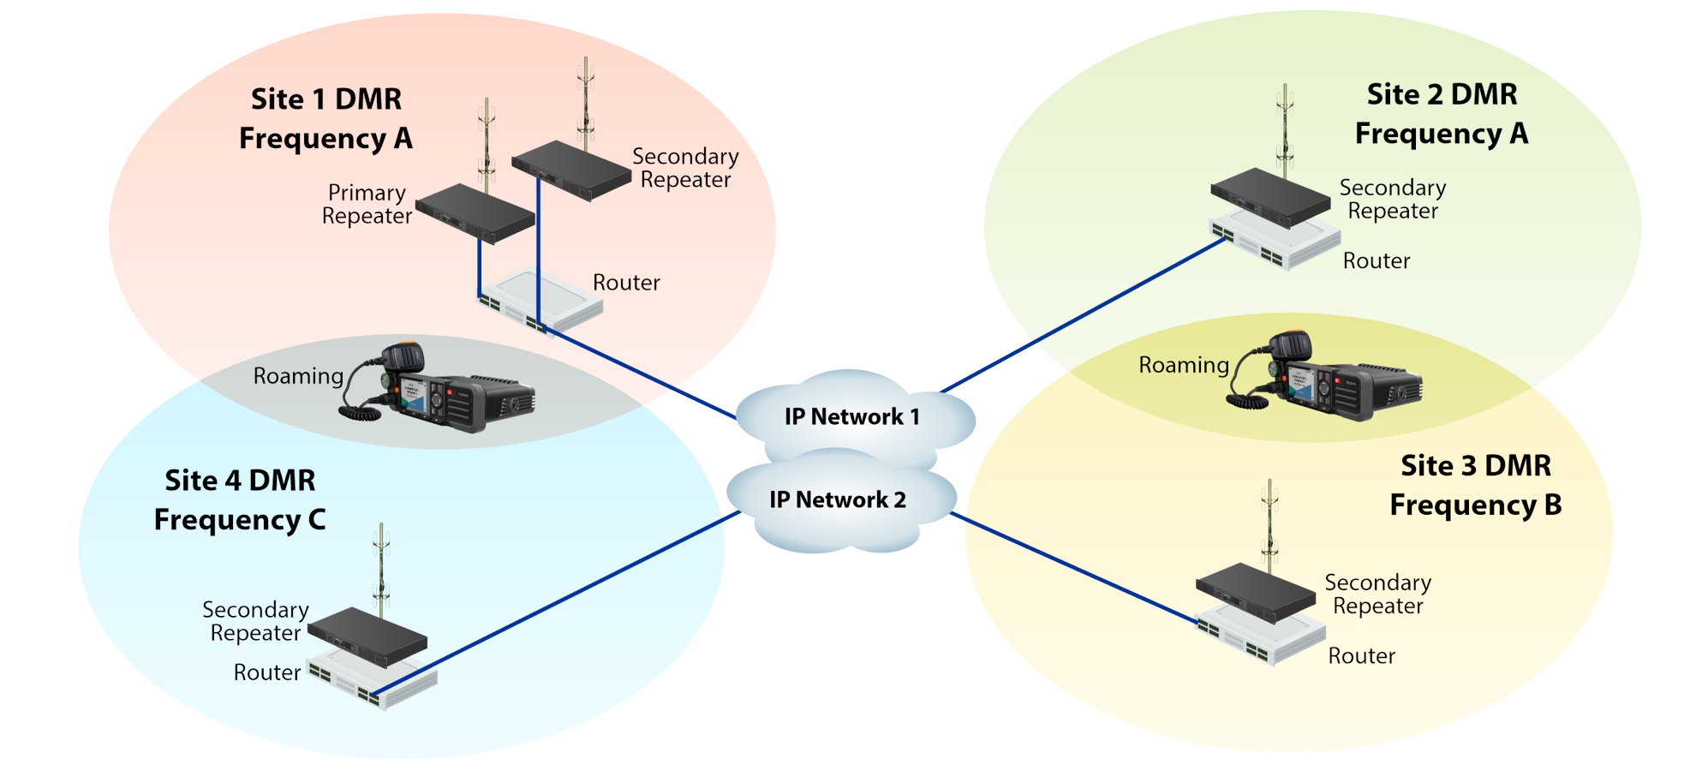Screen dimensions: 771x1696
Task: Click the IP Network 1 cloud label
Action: [x=851, y=417]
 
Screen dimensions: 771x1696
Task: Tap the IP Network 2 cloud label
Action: [x=837, y=500]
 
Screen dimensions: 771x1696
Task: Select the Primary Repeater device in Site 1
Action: [x=475, y=213]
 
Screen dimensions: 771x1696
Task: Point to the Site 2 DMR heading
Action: [x=1442, y=94]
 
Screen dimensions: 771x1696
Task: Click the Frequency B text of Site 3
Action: [x=1475, y=505]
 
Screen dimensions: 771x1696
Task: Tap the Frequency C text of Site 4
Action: [x=240, y=520]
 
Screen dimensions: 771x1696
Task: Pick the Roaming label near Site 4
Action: [x=298, y=376]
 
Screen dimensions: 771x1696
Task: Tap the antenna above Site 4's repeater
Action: [x=382, y=565]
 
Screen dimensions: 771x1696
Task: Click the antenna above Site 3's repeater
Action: [x=1269, y=523]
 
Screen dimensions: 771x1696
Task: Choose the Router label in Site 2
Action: [x=1376, y=261]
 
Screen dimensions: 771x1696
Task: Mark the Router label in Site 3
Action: [x=1361, y=656]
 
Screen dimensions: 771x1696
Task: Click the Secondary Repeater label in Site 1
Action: [x=685, y=169]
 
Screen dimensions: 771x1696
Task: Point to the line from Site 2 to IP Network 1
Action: [x=1084, y=316]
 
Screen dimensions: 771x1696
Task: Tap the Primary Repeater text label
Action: [x=367, y=205]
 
